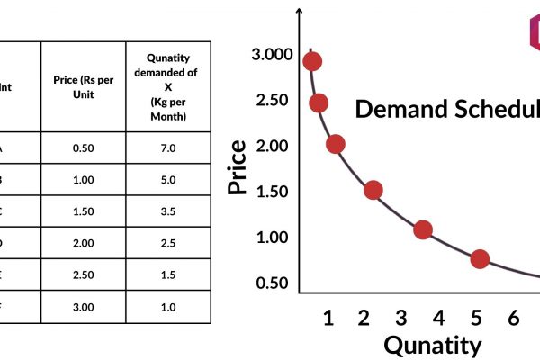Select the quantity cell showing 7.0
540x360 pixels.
click(x=168, y=148)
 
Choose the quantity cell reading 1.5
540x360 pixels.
click(x=168, y=275)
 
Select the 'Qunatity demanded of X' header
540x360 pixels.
click(x=168, y=85)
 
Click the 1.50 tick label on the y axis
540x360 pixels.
click(x=272, y=191)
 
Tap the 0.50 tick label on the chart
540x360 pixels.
click(x=272, y=283)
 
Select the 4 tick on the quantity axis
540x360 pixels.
click(x=438, y=318)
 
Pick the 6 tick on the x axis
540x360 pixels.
click(x=513, y=318)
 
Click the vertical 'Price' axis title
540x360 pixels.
click(x=238, y=168)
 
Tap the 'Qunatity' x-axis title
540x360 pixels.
click(x=433, y=345)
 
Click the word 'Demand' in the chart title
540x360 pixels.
click(x=396, y=109)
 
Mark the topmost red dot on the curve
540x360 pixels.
click(x=312, y=62)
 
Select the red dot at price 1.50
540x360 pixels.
click(x=373, y=190)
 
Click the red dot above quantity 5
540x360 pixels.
click(x=480, y=259)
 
